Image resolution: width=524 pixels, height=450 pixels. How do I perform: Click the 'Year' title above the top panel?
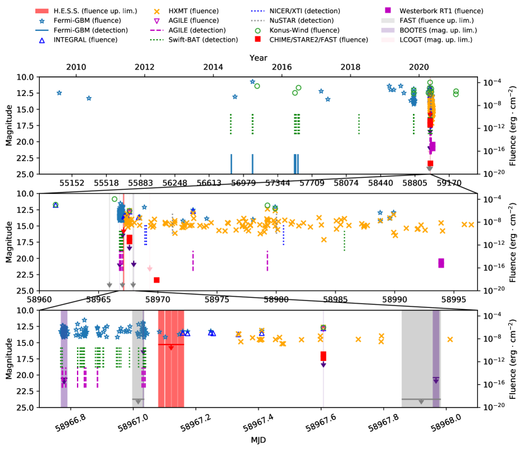pyautogui.click(x=257, y=57)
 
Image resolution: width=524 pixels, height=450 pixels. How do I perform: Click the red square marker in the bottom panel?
pyautogui.click(x=323, y=357)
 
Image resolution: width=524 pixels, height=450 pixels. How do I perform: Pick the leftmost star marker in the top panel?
pyautogui.click(x=59, y=93)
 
